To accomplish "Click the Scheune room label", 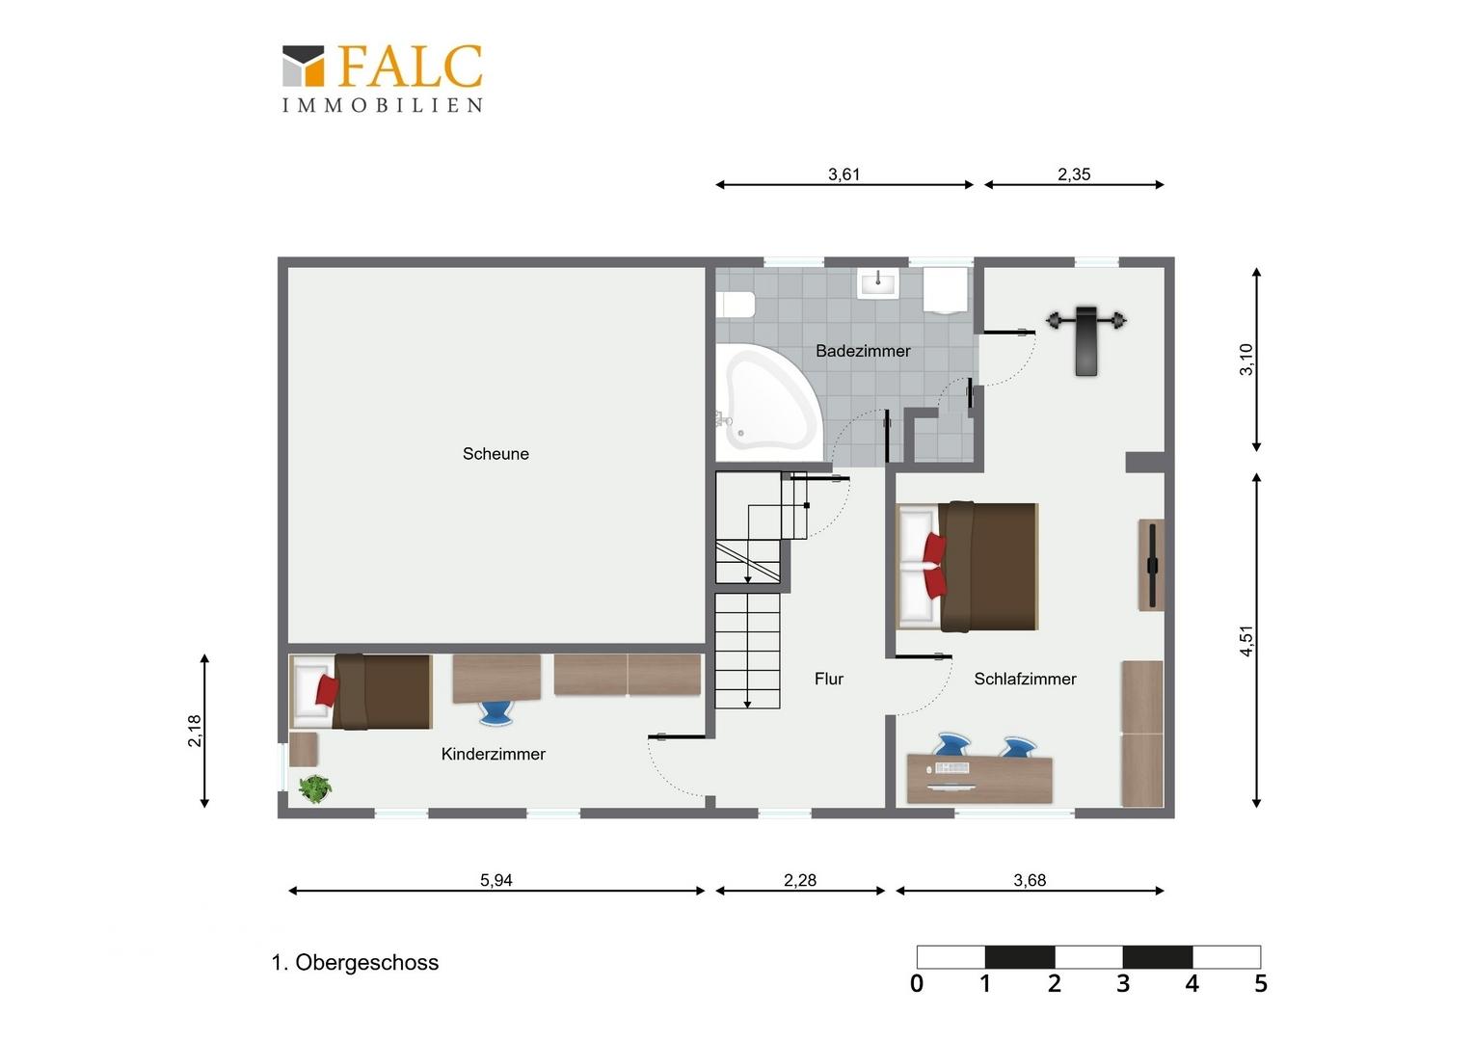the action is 495,454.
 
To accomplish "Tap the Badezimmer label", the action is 863,351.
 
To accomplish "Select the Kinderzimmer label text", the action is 494,755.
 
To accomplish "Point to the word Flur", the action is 829,679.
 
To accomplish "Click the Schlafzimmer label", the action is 1025,679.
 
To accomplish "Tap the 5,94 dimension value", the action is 495,880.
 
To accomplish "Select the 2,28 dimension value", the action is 799,880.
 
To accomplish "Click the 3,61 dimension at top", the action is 844,174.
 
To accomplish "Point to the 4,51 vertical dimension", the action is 1246,641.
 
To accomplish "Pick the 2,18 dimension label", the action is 195,731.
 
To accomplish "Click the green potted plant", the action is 315,788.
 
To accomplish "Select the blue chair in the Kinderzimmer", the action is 495,714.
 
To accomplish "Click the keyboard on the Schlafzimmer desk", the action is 951,768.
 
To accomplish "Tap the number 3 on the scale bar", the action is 1123,984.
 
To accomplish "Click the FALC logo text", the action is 411,67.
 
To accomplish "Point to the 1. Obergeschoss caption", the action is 355,963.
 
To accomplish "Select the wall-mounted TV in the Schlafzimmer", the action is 1151,566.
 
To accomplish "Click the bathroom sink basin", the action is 877,283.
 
